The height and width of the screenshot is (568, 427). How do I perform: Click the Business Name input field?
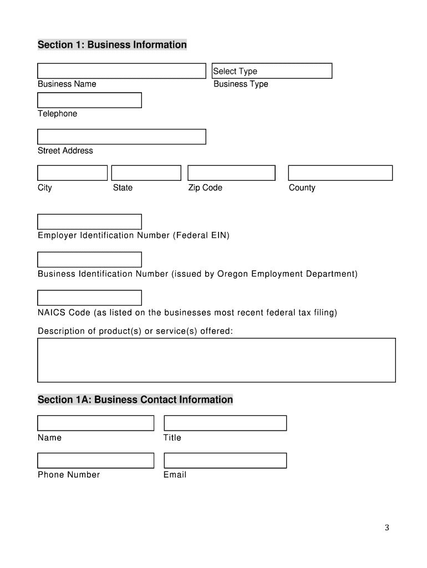[x=121, y=71]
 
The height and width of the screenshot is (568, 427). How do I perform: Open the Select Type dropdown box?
[x=272, y=71]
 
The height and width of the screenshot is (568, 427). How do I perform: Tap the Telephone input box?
[x=89, y=100]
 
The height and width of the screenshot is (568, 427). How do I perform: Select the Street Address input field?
[x=121, y=136]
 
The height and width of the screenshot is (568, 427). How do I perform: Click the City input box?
[x=72, y=173]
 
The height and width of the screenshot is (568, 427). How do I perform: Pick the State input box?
[x=146, y=173]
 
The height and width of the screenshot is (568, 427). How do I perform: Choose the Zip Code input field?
[x=231, y=173]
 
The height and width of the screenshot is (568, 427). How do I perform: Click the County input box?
[x=340, y=173]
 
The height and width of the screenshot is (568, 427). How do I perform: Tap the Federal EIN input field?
[x=89, y=222]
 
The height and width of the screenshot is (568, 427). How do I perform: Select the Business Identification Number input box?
[x=89, y=260]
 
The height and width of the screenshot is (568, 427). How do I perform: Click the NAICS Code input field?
[x=89, y=298]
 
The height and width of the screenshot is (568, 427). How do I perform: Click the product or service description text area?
[x=216, y=360]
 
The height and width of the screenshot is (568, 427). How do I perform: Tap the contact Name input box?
[x=95, y=423]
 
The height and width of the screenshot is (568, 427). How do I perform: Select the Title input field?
[x=225, y=423]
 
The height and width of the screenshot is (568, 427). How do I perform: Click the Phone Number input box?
[x=95, y=460]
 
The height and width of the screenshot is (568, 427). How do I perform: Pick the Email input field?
[x=225, y=460]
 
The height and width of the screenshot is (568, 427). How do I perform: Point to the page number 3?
[x=387, y=528]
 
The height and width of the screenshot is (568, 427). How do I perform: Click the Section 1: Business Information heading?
[x=112, y=44]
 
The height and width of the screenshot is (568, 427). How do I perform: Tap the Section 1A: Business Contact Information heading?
[x=135, y=399]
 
